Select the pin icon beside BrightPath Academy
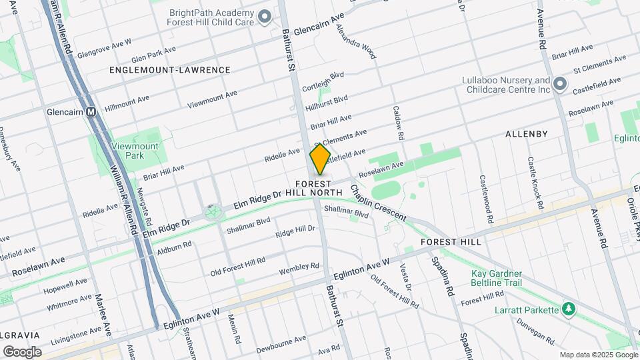coord(265,17)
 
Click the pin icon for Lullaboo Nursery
coord(560,85)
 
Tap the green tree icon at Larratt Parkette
coord(568,310)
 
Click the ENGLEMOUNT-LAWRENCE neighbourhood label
coord(170,70)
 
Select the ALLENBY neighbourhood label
coord(526,134)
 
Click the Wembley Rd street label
coord(299,267)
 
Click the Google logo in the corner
coord(22,352)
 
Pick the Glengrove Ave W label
coord(104,49)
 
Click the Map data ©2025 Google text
coord(598,355)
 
